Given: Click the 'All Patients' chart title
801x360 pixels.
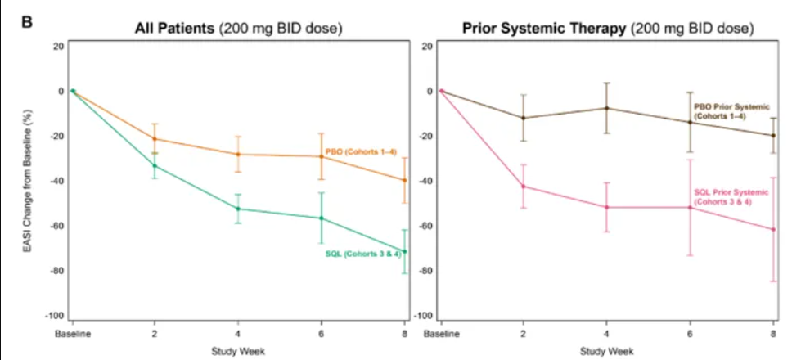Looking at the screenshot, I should pyautogui.click(x=238, y=29).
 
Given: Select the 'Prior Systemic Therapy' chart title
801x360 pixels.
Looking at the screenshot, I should pyautogui.click(x=606, y=29).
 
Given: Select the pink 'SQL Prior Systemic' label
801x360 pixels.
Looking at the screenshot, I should pyautogui.click(x=731, y=196).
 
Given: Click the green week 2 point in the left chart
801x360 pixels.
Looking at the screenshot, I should pyautogui.click(x=155, y=166).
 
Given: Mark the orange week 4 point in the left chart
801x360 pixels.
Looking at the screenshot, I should pyautogui.click(x=238, y=155).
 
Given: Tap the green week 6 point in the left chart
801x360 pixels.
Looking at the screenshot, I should pyautogui.click(x=322, y=218).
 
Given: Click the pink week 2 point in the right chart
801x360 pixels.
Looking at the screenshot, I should pyautogui.click(x=524, y=187).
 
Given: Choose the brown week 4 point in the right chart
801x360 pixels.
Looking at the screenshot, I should pyautogui.click(x=607, y=108).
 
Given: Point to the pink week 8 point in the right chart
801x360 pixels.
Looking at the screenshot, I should pyautogui.click(x=773, y=230).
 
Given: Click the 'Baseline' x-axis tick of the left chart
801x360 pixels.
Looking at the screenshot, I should pyautogui.click(x=72, y=333).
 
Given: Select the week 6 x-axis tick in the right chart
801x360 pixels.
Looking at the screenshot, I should pyautogui.click(x=690, y=333).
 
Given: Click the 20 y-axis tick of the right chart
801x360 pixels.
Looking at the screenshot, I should pyautogui.click(x=426, y=46).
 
